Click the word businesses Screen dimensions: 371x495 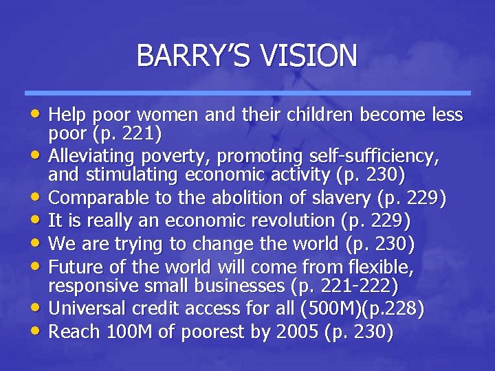pyautogui.click(x=245, y=283)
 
